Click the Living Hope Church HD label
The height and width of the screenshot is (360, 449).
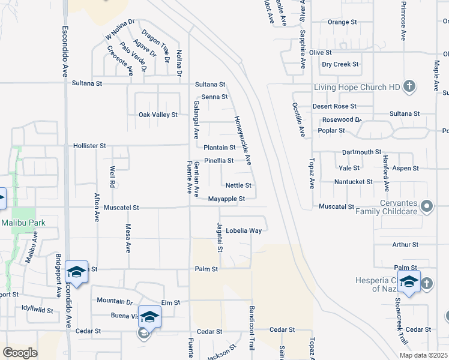(357, 87)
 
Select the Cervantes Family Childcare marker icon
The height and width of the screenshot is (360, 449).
(427, 206)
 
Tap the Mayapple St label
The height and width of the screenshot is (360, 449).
(226, 199)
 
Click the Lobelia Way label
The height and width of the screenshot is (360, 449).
(243, 230)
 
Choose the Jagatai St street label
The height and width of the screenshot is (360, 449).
(220, 237)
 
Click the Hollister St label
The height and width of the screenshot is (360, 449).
(89, 146)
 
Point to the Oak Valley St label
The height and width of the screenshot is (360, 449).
(158, 115)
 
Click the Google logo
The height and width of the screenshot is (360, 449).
(20, 352)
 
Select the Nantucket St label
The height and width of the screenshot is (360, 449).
(354, 181)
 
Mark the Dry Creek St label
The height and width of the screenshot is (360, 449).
(340, 64)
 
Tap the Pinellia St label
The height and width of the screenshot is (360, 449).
(218, 161)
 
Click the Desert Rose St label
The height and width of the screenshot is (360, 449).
(334, 106)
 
